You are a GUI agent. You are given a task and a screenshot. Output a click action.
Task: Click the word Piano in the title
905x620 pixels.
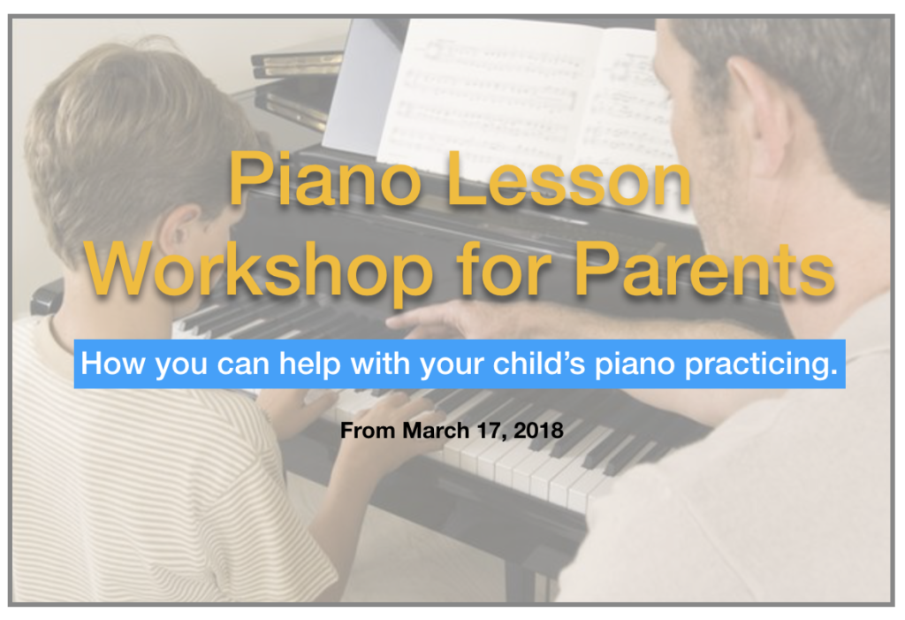(x=325, y=179)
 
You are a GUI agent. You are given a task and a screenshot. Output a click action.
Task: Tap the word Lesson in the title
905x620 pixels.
(x=568, y=179)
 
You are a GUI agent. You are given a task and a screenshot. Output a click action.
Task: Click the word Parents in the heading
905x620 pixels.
(x=704, y=270)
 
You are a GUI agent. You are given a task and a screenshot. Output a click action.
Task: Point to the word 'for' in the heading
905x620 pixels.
(x=505, y=269)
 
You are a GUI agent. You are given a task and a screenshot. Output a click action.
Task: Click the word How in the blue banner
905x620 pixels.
(x=114, y=364)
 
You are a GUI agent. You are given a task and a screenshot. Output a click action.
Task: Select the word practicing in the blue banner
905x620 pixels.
(x=761, y=365)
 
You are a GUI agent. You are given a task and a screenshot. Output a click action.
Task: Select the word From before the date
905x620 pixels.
(x=368, y=431)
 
